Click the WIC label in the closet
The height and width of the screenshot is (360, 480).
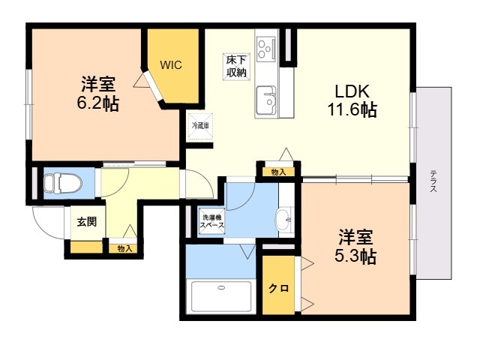pos(170,64)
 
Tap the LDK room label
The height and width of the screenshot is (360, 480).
pos(350,91)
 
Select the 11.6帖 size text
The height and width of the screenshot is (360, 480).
pos(351,109)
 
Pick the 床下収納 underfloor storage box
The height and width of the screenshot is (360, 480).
pos(236,66)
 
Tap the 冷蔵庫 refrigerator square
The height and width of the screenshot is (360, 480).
pos(200,125)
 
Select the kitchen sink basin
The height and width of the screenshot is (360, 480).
pos(266,99)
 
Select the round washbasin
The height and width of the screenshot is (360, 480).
pos(283,221)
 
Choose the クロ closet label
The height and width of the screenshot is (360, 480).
pos(279,288)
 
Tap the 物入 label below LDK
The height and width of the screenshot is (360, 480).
pos(278,172)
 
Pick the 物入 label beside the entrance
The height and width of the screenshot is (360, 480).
pos(124,247)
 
